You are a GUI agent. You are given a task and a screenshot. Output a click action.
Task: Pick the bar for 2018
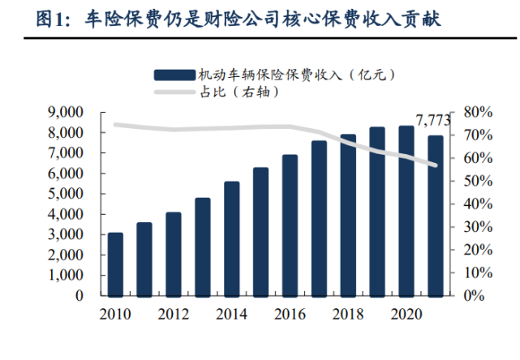click(348, 215)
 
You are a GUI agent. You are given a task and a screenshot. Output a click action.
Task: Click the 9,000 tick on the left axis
click(73, 112)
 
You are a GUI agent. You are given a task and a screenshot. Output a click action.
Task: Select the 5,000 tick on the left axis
click(73, 194)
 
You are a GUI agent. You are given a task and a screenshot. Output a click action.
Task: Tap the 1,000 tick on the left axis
click(73, 276)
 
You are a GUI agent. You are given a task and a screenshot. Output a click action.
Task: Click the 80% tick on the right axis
click(475, 112)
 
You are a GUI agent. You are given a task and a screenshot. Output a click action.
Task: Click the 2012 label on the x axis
click(174, 313)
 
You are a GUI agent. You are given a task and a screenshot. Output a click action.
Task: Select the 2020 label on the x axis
click(406, 313)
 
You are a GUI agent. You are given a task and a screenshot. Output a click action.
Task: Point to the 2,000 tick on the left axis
click(73, 255)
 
